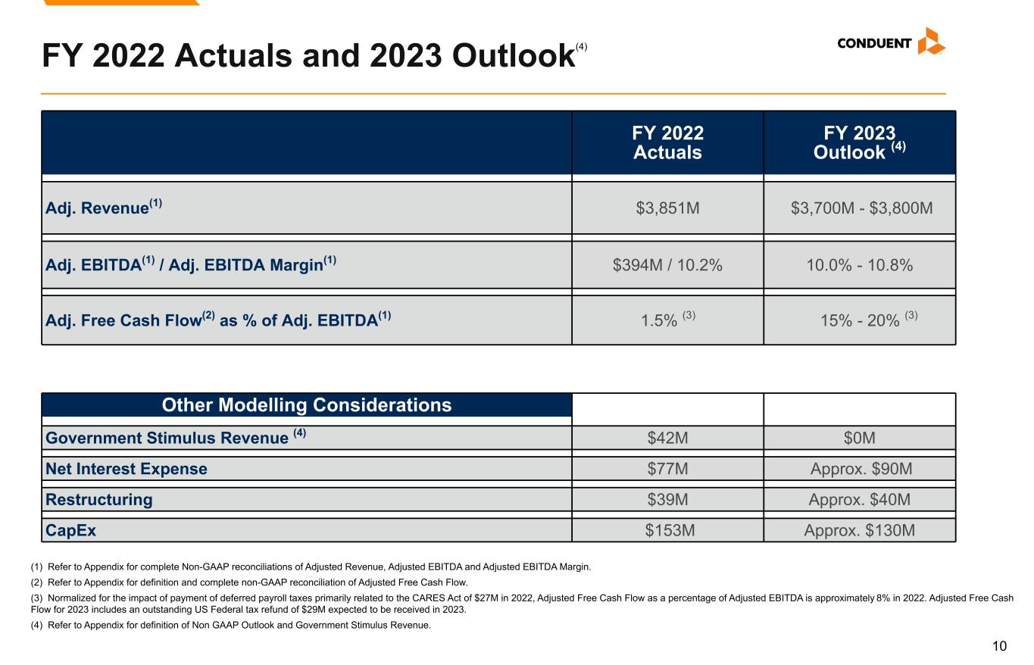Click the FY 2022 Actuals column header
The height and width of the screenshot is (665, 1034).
(667, 143)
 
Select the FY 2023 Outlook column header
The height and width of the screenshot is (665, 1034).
(859, 143)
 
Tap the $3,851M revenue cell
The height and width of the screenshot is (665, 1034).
(667, 208)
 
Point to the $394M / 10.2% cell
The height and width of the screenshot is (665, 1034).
(667, 265)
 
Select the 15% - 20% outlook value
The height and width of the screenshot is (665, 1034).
(860, 320)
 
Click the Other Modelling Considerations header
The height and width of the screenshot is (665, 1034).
(307, 405)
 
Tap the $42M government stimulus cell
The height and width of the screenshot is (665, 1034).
(667, 438)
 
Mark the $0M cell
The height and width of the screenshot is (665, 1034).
(861, 438)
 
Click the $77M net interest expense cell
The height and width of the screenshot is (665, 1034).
(667, 469)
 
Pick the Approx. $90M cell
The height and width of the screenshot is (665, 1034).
(861, 469)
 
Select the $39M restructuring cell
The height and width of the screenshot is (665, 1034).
(667, 500)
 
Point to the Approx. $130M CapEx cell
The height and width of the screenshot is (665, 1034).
(859, 531)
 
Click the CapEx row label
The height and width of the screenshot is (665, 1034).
(71, 531)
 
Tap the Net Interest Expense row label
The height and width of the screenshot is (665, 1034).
(127, 469)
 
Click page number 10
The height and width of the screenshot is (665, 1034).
(999, 646)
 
